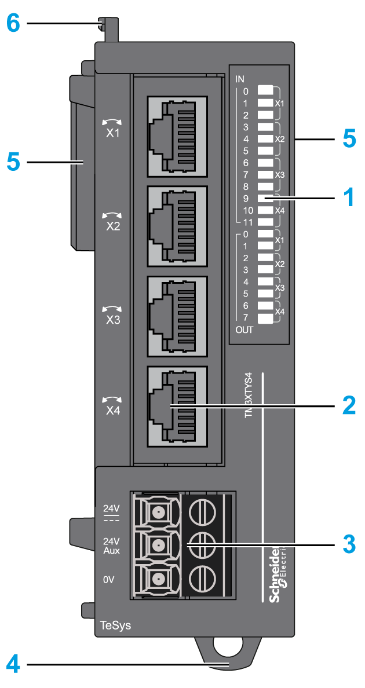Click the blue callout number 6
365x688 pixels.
pyautogui.click(x=13, y=24)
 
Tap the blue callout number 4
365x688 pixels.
pyautogui.click(x=13, y=663)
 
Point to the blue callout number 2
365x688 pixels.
pyautogui.click(x=348, y=406)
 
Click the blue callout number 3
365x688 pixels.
pyautogui.click(x=348, y=544)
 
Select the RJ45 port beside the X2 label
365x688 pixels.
pyautogui.click(x=177, y=227)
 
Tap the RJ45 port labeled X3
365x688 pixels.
pyautogui.click(x=177, y=317)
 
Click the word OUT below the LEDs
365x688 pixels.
pyautogui.click(x=244, y=330)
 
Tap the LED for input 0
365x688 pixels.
pyautogui.click(x=265, y=90)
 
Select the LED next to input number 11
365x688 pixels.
pyautogui.click(x=265, y=222)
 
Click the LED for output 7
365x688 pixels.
pyautogui.click(x=265, y=318)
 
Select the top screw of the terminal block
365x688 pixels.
pyautogui.click(x=202, y=511)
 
